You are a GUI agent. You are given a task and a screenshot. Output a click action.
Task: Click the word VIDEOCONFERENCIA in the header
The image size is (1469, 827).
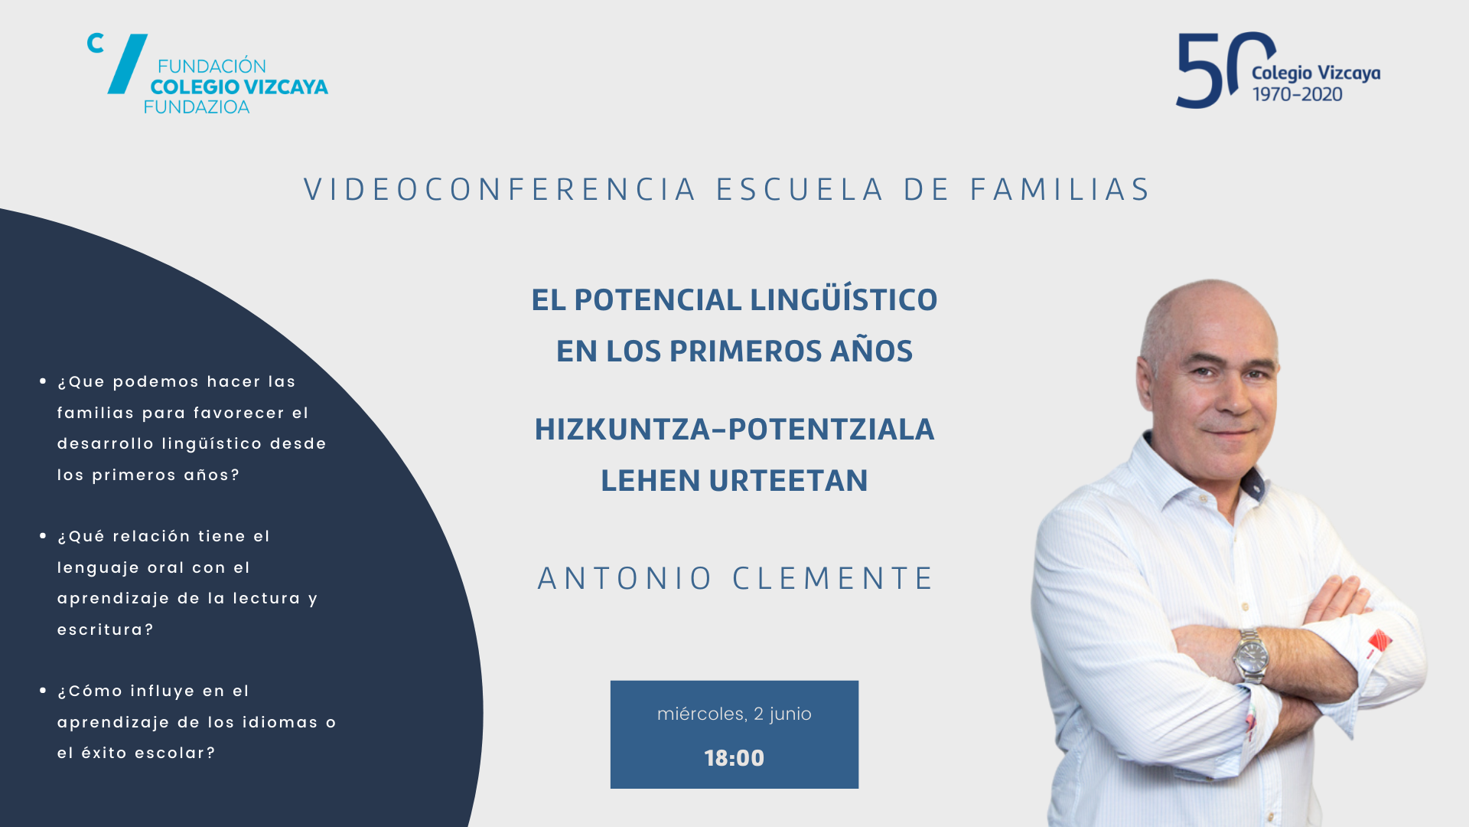click(x=500, y=190)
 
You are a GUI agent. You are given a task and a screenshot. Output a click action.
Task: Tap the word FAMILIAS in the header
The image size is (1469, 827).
click(x=1060, y=190)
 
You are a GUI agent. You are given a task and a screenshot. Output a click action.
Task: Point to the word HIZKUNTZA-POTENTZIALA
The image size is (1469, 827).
click(x=734, y=429)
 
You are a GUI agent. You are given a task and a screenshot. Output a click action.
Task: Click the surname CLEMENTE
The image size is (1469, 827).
click(x=832, y=578)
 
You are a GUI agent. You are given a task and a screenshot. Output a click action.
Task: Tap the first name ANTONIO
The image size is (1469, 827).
click(x=624, y=578)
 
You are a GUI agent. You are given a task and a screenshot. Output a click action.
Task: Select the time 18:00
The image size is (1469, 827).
click(x=734, y=758)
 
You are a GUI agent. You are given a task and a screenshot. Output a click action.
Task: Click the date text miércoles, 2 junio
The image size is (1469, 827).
click(x=734, y=714)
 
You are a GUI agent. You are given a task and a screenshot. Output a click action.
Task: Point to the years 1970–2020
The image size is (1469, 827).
click(x=1297, y=94)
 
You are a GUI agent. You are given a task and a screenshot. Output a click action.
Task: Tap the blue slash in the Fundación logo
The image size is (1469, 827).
click(x=128, y=64)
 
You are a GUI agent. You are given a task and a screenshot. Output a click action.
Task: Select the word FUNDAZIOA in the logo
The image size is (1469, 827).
click(x=197, y=107)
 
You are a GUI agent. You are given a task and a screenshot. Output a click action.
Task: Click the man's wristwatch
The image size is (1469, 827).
click(x=1250, y=655)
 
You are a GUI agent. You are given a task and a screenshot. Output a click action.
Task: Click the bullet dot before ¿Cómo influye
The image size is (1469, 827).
click(x=43, y=690)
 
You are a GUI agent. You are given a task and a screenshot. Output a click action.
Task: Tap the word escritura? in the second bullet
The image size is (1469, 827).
click(x=106, y=629)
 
